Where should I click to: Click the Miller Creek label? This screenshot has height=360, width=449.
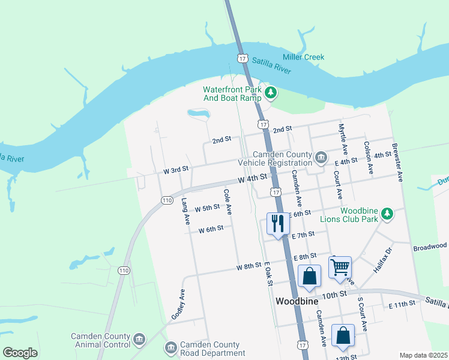[304, 57]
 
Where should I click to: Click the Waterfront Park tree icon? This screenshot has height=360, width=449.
[271, 92]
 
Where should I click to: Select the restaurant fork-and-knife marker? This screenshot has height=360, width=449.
[277, 224]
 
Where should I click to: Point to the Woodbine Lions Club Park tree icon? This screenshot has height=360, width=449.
[388, 214]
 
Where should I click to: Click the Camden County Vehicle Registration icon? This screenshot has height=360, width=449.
[321, 158]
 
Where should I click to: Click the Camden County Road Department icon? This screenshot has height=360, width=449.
[171, 348]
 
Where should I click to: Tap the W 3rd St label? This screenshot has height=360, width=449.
[176, 170]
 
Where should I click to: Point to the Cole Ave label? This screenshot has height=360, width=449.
[228, 203]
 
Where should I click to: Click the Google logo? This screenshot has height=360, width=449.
[20, 353]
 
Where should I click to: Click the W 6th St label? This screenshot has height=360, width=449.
[211, 229]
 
